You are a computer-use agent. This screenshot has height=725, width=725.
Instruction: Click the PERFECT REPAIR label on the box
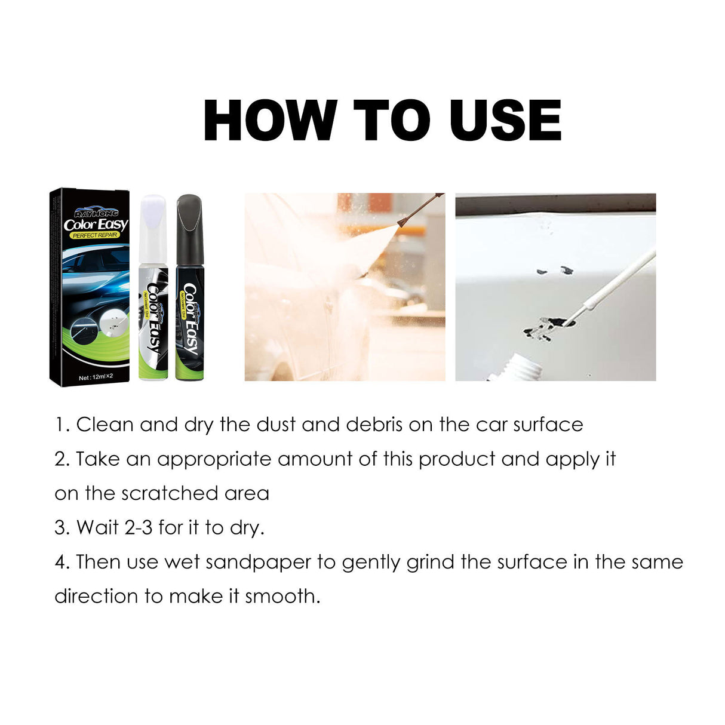coord(95,235)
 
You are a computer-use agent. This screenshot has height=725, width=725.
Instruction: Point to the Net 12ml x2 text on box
coord(96,377)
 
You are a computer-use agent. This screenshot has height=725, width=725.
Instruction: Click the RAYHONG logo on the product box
coord(96,213)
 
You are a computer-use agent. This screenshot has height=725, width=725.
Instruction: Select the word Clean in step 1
coord(105,425)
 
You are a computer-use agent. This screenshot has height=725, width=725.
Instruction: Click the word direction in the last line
coord(96,597)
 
